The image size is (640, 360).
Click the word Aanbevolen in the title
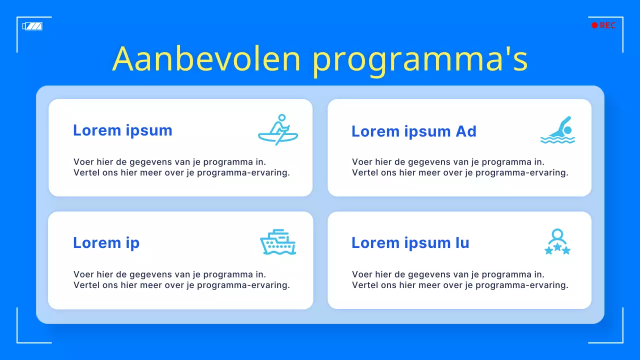point(206,59)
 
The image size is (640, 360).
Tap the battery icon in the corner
point(32,26)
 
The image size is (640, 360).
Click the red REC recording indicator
point(603,25)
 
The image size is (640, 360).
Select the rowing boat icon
point(278,130)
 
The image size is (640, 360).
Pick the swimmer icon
point(558,130)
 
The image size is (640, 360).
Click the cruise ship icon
point(278,242)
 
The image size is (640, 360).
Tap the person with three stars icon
point(557,242)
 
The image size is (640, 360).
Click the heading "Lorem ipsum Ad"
point(413,131)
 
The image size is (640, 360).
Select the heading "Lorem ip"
point(106,243)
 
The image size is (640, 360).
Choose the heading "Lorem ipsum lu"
point(410,243)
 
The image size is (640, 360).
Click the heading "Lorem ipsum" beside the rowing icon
point(122,130)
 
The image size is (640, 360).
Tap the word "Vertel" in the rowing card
point(86,173)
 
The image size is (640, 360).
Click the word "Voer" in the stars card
point(361,274)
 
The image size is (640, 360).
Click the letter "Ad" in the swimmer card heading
point(465,131)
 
